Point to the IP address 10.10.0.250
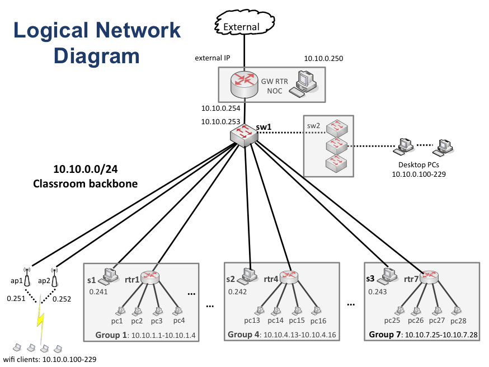[x=323, y=58]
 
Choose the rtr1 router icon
[x=151, y=276]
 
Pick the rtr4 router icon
[x=289, y=276]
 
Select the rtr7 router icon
[x=430, y=276]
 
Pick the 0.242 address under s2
[x=237, y=291]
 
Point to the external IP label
[x=212, y=58]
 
